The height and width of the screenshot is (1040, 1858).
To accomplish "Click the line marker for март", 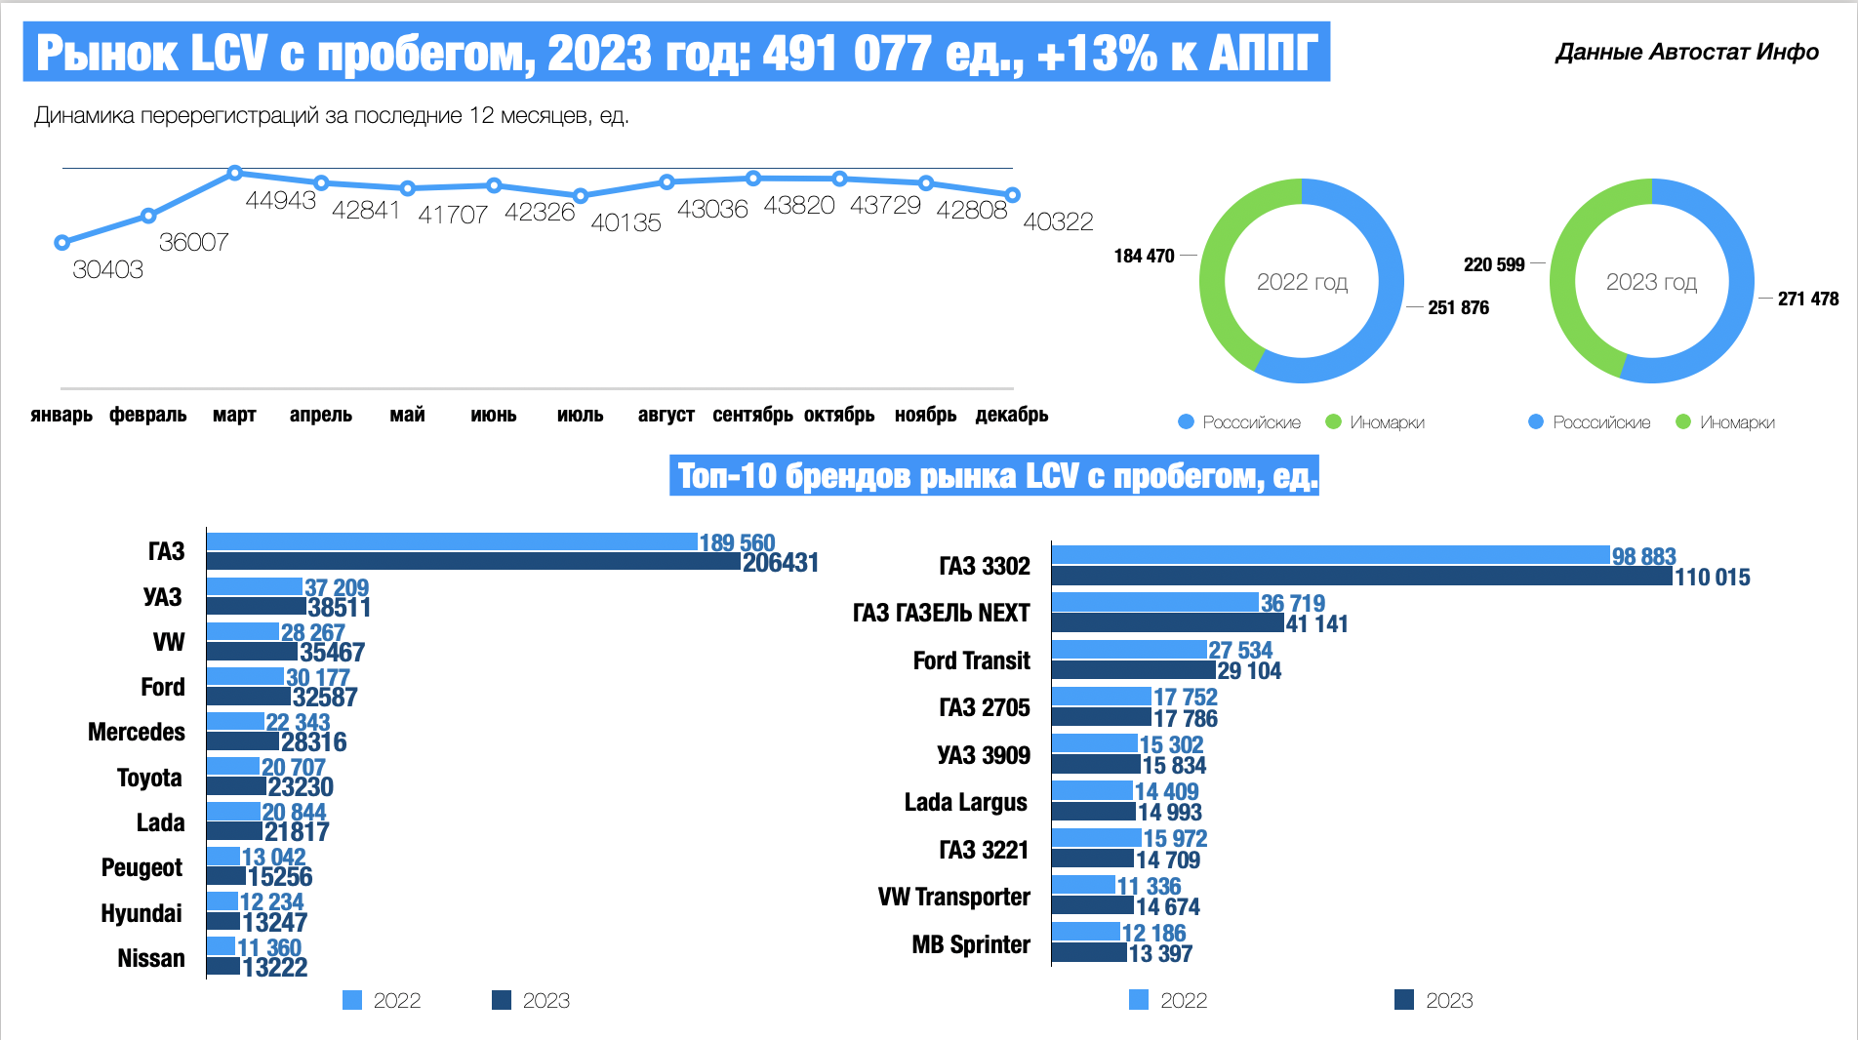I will point(234,173).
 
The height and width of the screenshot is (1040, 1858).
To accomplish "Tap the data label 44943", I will point(280,200).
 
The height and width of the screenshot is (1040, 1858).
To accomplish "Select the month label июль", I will point(580,415).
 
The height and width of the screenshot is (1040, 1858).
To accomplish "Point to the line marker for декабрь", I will point(1012,195).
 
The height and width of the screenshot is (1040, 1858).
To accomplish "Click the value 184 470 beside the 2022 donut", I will point(1144,256).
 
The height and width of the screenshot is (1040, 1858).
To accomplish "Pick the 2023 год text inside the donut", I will point(1651,282).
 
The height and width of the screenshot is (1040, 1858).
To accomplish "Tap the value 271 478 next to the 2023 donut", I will point(1807,299).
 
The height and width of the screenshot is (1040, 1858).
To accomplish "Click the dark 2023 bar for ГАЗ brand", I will point(473,562).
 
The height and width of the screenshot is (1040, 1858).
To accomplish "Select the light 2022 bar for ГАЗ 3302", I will point(1329,555).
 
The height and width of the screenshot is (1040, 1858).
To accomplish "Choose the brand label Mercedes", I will point(137,732).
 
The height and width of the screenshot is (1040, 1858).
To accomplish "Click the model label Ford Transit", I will point(971,660).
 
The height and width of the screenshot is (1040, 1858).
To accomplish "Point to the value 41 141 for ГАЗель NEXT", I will point(1316,624).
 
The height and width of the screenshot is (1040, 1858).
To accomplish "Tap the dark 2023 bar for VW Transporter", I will point(1092,906).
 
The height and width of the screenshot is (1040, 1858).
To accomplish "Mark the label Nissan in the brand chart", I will point(151,958).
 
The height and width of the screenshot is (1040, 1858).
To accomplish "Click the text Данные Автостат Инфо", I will point(1686,52).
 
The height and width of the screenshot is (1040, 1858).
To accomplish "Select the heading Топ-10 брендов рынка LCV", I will point(994,476).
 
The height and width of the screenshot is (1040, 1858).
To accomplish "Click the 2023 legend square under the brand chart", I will point(502,1000).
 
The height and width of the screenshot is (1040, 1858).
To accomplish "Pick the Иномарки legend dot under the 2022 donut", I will point(1333,422).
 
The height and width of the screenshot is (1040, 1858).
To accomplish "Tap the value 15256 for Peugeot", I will point(280,877).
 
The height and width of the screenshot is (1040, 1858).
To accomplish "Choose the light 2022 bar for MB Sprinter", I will point(1085,932).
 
